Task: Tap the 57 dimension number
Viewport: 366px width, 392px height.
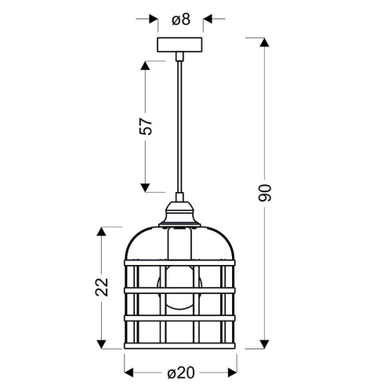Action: (x=145, y=128)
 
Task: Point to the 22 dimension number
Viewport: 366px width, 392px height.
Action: (x=100, y=286)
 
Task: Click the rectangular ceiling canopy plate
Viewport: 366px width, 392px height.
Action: (x=180, y=45)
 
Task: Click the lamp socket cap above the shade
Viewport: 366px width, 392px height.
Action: (x=181, y=212)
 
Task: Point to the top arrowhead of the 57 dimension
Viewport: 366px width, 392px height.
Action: (x=145, y=65)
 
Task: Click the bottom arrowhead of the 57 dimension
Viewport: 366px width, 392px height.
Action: (x=145, y=187)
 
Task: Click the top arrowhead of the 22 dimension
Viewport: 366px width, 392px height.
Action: (x=100, y=233)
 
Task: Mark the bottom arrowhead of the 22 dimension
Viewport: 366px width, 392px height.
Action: (x=100, y=346)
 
